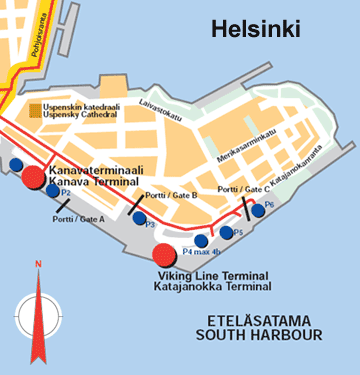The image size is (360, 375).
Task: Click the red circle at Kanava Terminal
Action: pos(33,177)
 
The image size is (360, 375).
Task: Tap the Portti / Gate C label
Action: pos(242,188)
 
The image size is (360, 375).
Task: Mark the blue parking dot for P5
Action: pos(227,233)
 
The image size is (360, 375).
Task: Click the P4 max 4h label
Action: pos(201,253)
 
